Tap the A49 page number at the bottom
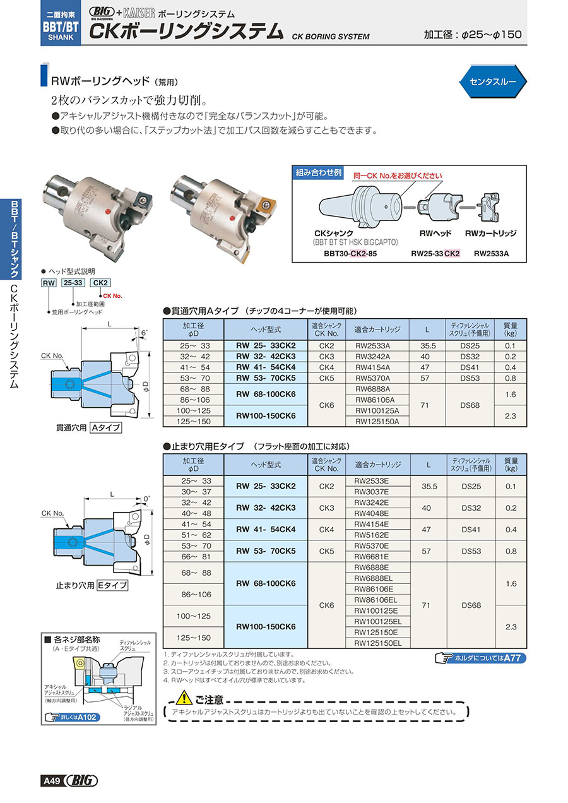(52, 781)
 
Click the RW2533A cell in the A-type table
(372, 346)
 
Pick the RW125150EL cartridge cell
(377, 643)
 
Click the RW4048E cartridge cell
(372, 513)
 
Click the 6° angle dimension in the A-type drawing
(144, 333)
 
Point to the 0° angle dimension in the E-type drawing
(146, 498)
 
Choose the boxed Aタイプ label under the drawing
(105, 427)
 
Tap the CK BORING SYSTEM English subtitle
(331, 37)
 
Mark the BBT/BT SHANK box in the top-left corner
(61, 23)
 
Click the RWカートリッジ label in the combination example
(490, 233)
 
